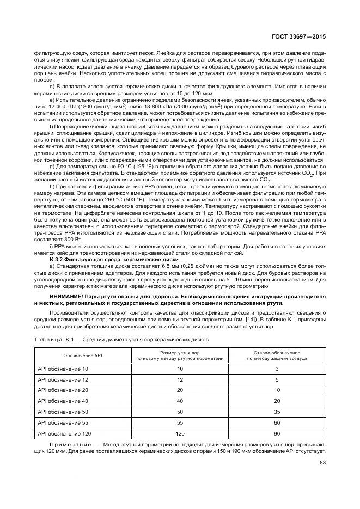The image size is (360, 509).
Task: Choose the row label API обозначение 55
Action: [x=63, y=422]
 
